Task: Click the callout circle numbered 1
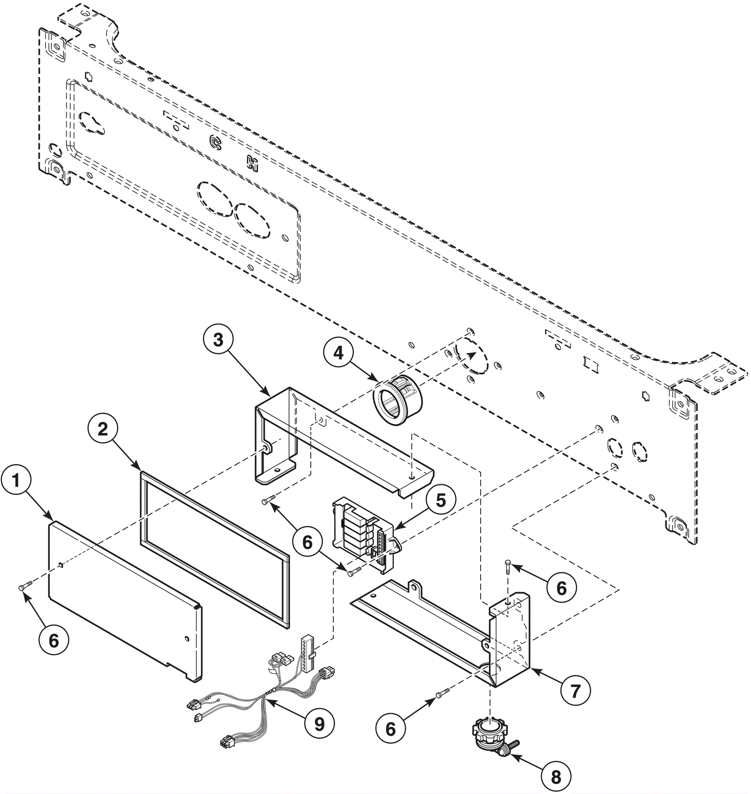point(16,481)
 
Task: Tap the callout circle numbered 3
point(218,340)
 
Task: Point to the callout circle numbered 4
point(339,354)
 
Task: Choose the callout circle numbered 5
point(441,501)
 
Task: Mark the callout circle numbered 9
point(319,725)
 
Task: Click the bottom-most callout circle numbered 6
point(391,729)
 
